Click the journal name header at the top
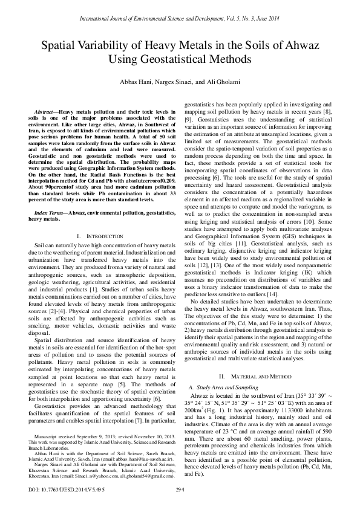[180, 8]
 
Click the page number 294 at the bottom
[180, 489]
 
